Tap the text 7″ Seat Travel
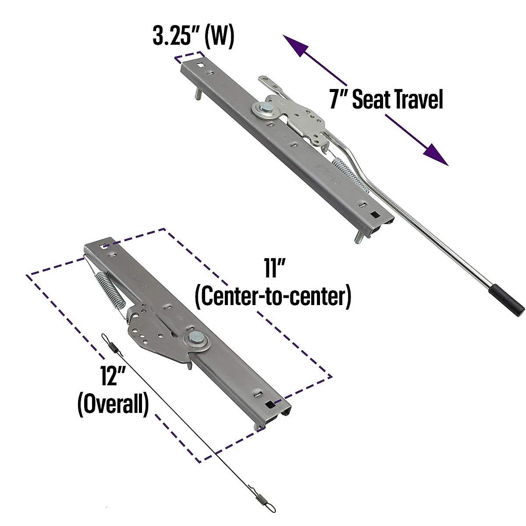386,100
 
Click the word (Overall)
113,405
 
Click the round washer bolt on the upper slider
262,109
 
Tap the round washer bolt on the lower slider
195,338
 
